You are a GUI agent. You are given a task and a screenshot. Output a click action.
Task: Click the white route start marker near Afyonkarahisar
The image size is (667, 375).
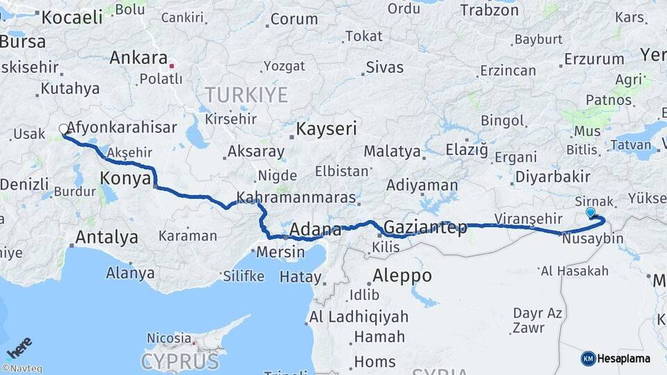[64, 129]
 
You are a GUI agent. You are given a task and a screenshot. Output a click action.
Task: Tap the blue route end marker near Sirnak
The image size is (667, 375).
[591, 212]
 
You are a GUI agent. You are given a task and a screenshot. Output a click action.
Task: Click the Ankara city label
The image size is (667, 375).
[138, 58]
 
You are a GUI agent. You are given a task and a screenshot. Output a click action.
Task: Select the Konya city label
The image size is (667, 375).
[126, 178]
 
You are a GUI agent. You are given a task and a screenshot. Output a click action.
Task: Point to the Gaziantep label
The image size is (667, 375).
[425, 227]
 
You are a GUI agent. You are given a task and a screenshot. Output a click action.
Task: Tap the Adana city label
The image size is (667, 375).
[315, 229]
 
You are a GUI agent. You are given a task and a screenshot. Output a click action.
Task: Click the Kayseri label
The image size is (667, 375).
[326, 128]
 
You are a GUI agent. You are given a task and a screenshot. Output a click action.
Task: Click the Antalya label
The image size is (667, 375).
[106, 237]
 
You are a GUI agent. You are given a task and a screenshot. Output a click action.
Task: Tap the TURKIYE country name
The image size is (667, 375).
[247, 94]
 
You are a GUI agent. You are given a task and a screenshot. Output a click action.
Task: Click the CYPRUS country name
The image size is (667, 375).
[180, 361]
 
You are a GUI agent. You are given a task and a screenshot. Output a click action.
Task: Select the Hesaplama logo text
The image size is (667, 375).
[623, 358]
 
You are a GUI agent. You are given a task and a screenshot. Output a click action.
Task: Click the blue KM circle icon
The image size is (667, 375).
[588, 358]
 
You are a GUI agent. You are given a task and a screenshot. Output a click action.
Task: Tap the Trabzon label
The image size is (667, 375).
[490, 10]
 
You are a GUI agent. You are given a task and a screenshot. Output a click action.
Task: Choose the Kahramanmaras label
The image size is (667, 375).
[296, 197]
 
